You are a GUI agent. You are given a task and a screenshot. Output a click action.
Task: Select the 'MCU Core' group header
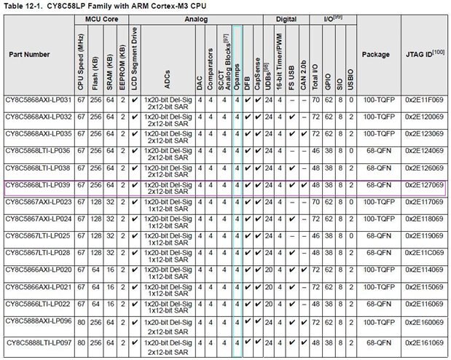point(101,20)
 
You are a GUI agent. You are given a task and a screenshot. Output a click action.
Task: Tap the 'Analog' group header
point(193,20)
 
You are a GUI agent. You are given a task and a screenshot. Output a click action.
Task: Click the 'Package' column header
point(375,54)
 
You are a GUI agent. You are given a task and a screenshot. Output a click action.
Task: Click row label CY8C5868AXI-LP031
point(38,101)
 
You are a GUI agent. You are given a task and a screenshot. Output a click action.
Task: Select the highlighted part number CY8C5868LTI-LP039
point(38,185)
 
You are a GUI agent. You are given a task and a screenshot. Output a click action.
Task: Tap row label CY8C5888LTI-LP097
point(38,343)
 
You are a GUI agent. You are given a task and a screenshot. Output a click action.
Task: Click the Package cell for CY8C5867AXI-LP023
point(375,202)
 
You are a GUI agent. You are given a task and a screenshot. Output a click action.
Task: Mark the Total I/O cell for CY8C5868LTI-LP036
point(315,151)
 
